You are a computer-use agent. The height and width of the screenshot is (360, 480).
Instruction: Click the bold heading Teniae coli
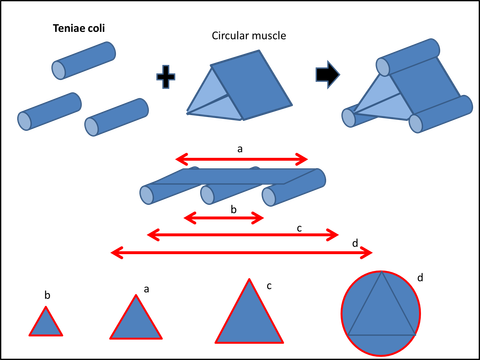pyautogui.click(x=79, y=28)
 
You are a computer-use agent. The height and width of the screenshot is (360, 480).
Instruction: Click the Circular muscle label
pyautogui.click(x=249, y=36)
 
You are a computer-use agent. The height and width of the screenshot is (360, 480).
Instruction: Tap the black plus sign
pyautogui.click(x=166, y=77)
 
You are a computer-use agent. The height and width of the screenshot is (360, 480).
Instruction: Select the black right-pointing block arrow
pyautogui.click(x=328, y=75)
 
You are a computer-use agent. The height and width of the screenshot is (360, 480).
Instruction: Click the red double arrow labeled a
pyautogui.click(x=242, y=159)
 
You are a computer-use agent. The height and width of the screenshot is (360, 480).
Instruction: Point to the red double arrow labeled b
pyautogui.click(x=224, y=218)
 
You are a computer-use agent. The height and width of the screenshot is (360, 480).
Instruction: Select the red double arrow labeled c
pyautogui.click(x=243, y=235)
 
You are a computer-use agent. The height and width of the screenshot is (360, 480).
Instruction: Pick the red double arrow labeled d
pyautogui.click(x=242, y=253)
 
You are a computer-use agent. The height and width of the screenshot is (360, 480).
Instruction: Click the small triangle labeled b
pyautogui.click(x=46, y=324)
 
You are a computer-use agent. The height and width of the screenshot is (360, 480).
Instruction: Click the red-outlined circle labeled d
pyautogui.click(x=381, y=313)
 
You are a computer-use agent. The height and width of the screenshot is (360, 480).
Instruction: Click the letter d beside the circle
pyautogui.click(x=420, y=277)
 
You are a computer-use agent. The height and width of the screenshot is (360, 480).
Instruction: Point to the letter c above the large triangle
pyautogui.click(x=269, y=286)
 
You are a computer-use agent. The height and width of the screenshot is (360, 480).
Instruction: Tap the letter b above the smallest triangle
pyautogui.click(x=47, y=295)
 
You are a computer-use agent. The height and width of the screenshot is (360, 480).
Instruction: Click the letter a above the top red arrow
pyautogui.click(x=240, y=149)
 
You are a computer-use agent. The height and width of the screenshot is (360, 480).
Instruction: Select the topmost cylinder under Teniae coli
pyautogui.click(x=84, y=61)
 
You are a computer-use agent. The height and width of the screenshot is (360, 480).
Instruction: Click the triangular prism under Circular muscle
pyautogui.click(x=239, y=86)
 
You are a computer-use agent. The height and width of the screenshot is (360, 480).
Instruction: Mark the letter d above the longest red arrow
pyautogui.click(x=355, y=243)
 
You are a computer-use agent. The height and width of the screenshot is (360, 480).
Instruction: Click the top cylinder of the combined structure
pyautogui.click(x=408, y=57)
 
